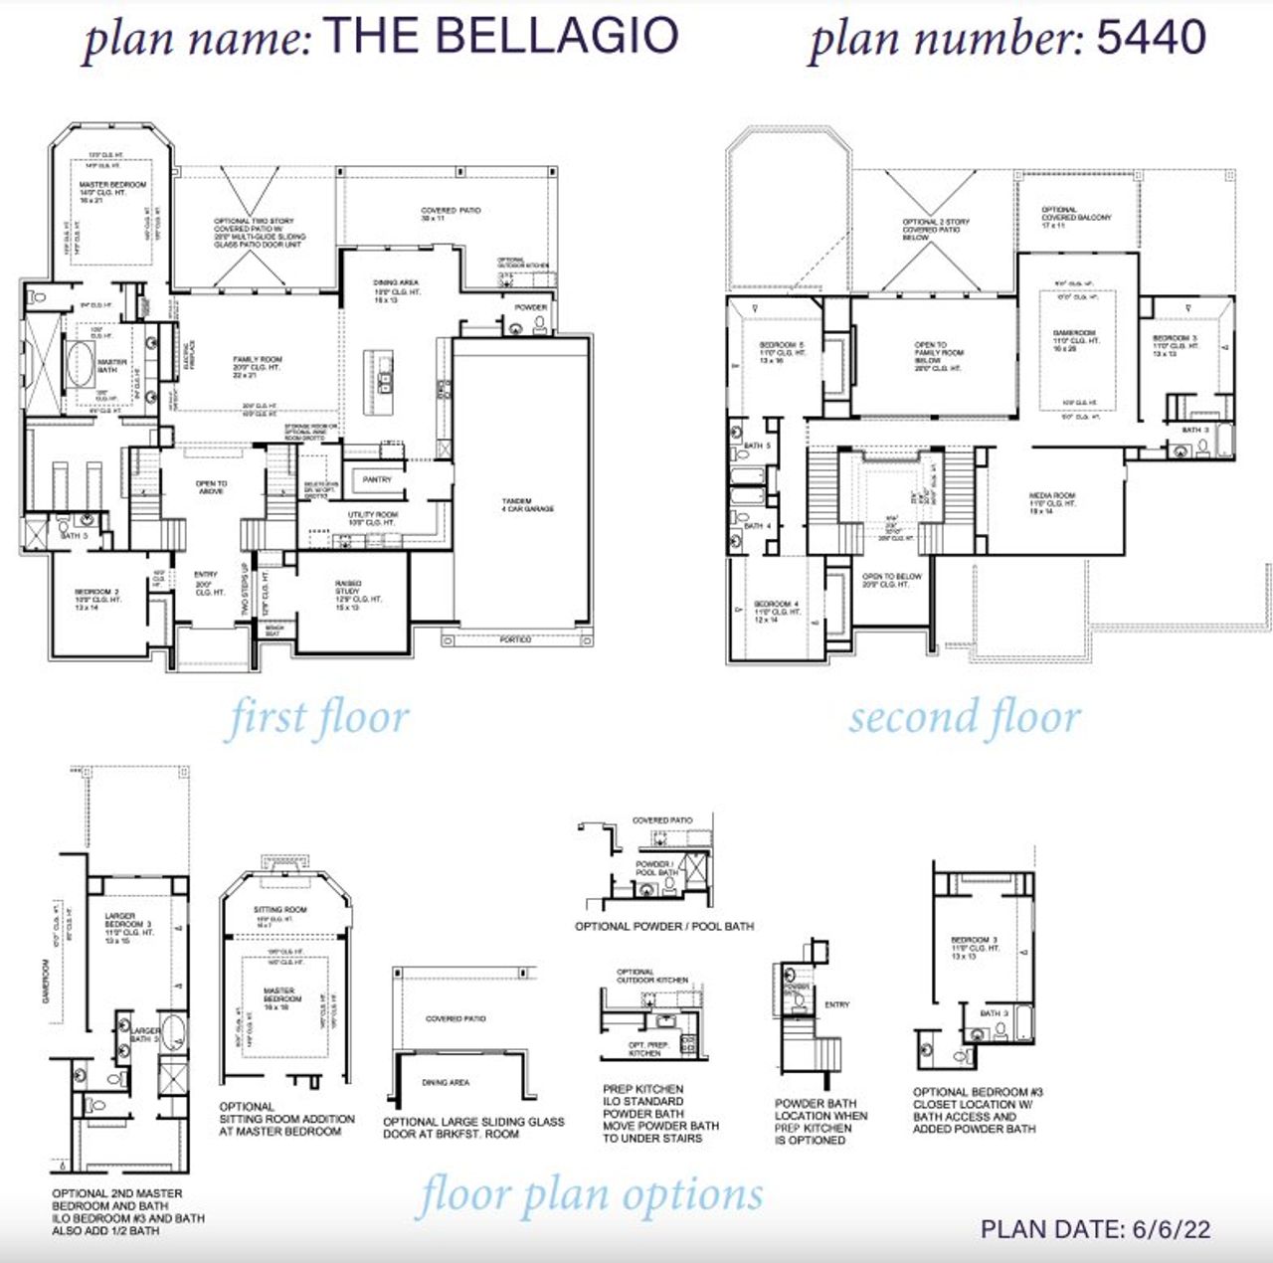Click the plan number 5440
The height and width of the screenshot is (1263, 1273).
(x=1151, y=38)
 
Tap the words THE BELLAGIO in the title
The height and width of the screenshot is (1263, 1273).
(x=501, y=36)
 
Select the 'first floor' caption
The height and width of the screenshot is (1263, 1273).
(x=318, y=718)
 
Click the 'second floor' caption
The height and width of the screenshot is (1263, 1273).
(x=964, y=717)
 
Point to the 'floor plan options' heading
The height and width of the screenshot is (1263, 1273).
(x=591, y=1194)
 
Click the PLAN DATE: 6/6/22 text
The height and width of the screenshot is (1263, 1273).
(x=1095, y=1229)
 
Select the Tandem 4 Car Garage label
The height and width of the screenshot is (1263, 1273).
(x=527, y=505)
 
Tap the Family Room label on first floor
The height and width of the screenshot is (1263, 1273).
(x=258, y=364)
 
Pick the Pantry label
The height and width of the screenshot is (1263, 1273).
(x=377, y=479)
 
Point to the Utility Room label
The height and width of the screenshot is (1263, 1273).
(x=372, y=518)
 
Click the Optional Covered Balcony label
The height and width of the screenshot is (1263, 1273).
(x=1076, y=217)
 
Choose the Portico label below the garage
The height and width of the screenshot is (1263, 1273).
(x=515, y=639)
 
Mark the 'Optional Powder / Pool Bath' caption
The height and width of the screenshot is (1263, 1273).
(x=663, y=926)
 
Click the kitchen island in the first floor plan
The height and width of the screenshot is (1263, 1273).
(x=384, y=372)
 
